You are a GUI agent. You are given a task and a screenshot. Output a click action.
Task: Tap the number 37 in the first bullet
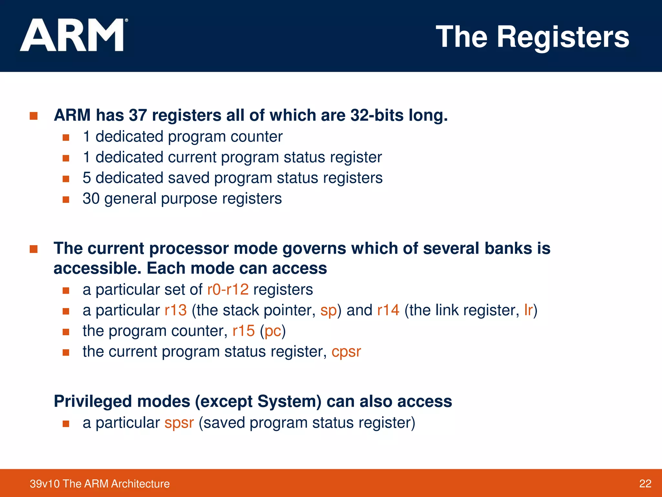pos(138,116)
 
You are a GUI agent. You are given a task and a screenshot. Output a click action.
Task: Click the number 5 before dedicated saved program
pos(87,178)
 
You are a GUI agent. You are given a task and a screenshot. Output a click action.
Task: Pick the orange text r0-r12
pos(228,290)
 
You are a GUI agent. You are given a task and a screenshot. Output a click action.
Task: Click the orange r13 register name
pos(176,310)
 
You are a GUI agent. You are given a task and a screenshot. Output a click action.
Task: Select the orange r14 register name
pos(388,310)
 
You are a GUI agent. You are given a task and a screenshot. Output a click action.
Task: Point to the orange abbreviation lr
pos(528,310)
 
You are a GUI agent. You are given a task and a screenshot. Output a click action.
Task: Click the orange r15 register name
pos(244,331)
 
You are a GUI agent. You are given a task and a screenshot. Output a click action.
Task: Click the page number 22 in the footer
pos(645,484)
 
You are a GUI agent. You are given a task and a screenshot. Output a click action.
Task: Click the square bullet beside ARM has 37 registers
pos(34,116)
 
